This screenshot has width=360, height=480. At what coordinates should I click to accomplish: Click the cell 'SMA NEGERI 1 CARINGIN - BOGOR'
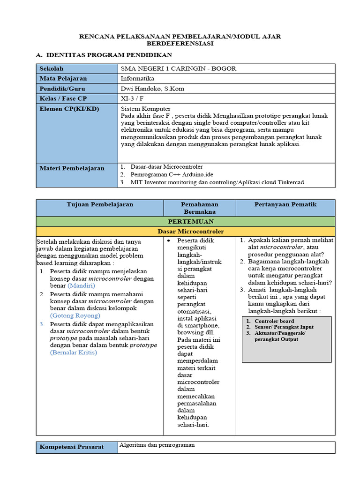click(x=178, y=68)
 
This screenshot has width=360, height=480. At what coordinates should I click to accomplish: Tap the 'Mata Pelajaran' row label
click(x=63, y=78)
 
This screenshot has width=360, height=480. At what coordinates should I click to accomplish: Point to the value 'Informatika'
click(x=137, y=78)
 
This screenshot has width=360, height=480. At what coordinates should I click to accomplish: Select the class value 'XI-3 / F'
click(x=133, y=98)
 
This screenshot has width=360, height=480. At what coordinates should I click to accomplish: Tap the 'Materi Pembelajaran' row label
click(x=72, y=168)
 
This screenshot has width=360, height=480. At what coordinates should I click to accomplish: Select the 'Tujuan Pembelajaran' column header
click(x=100, y=204)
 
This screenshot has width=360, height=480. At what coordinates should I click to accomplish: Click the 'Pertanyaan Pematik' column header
click(x=285, y=204)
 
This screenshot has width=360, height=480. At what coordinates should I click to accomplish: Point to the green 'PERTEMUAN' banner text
click(x=186, y=221)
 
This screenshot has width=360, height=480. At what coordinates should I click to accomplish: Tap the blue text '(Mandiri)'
click(x=81, y=285)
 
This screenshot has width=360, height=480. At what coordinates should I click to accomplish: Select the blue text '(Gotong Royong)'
click(x=72, y=315)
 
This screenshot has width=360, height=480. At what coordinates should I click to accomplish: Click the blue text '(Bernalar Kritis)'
click(x=73, y=352)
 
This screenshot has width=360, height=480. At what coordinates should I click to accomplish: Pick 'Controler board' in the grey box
click(x=274, y=321)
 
